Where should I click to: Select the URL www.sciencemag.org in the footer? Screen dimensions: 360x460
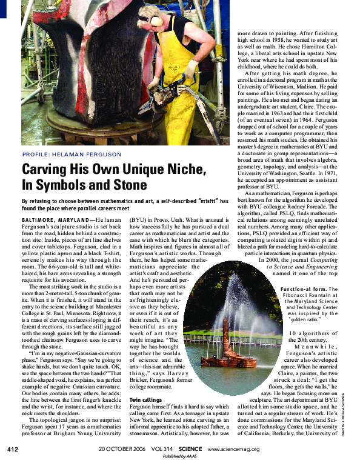click(233, 449)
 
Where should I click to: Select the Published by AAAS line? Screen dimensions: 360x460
click(182, 456)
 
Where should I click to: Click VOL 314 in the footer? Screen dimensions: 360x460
click(162, 449)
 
